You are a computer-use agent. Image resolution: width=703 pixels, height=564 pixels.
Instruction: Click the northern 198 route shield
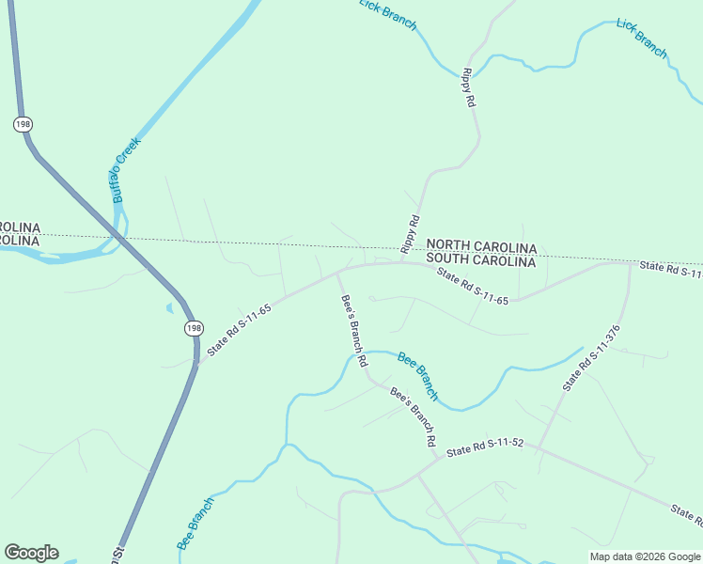pyautogui.click(x=21, y=124)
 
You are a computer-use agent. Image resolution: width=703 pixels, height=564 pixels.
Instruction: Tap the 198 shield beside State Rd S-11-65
pyautogui.click(x=193, y=327)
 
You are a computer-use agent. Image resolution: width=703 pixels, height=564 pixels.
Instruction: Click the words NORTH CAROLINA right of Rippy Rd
pyautogui.click(x=481, y=247)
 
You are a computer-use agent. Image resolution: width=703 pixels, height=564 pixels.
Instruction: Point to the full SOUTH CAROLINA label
pyautogui.click(x=481, y=261)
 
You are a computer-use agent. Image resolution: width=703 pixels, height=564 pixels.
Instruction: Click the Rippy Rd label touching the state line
pyautogui.click(x=409, y=234)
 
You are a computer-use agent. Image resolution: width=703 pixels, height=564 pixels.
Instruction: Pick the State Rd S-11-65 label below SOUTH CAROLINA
pyautogui.click(x=473, y=287)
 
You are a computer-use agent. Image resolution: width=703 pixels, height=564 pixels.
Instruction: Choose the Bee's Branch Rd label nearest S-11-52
pyautogui.click(x=414, y=416)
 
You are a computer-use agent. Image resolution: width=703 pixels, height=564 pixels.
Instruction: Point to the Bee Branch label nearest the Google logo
pyautogui.click(x=195, y=524)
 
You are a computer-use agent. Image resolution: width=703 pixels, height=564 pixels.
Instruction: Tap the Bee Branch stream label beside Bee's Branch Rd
pyautogui.click(x=418, y=372)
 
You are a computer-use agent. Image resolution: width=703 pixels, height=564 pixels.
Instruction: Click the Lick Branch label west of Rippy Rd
pyautogui.click(x=388, y=15)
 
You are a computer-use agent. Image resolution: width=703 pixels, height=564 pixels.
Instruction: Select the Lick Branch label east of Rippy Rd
pyautogui.click(x=642, y=37)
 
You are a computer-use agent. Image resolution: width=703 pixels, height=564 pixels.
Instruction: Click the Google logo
pyautogui.click(x=31, y=553)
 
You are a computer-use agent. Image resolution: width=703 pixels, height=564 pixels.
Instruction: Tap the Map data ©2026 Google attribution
pyautogui.click(x=645, y=556)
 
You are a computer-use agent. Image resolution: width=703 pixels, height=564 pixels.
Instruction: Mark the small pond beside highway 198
pyautogui.click(x=168, y=307)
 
